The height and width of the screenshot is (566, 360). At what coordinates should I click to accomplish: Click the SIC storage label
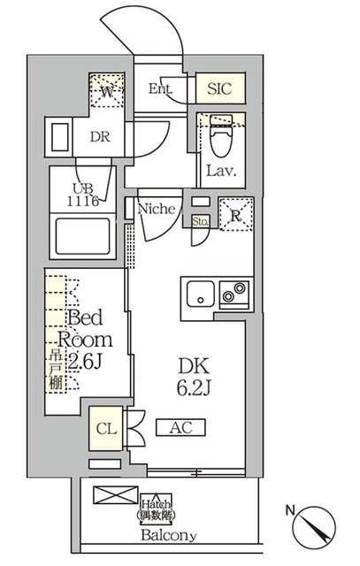220,89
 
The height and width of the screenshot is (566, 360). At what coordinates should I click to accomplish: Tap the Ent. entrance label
161,89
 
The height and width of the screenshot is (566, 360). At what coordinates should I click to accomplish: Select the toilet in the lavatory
220,139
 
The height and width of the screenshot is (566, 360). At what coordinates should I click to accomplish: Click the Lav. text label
220,171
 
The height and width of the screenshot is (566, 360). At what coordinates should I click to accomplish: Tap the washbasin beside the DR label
59,139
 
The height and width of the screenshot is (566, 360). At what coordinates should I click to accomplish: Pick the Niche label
160,210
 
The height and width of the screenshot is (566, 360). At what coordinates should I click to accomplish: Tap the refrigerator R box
235,214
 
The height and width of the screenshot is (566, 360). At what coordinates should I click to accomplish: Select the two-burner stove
235,291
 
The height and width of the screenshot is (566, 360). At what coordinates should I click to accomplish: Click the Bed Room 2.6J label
86,340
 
